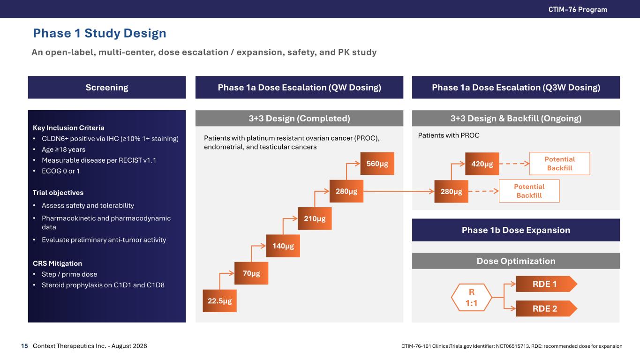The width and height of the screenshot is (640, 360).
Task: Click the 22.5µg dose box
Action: point(219,300)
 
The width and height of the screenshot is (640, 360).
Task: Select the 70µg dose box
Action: point(251,273)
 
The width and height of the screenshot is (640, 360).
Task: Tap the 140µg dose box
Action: point(283,246)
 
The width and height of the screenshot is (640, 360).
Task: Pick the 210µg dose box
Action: point(315,218)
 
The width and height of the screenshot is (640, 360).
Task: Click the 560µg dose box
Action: point(377,164)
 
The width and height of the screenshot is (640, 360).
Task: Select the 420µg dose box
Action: point(482,164)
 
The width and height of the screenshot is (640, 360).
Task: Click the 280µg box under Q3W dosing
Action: point(451,191)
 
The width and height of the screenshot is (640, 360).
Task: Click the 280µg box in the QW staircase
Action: point(346,191)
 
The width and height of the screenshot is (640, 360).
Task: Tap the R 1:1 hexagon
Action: point(471,298)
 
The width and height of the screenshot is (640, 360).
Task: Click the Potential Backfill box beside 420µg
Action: point(559,164)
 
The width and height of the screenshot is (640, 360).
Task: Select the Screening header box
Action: point(107,87)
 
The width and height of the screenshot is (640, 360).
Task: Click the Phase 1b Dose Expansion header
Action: point(516,230)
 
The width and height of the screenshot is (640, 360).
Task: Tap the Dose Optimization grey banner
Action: point(516,261)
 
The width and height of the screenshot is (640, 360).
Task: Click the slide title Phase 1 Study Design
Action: point(99,33)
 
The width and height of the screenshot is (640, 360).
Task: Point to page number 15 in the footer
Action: point(24,346)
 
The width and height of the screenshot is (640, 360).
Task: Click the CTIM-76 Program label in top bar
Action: point(578,9)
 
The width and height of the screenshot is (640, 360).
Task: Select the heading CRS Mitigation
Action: point(57,263)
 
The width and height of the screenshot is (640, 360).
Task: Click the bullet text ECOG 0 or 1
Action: point(60,171)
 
